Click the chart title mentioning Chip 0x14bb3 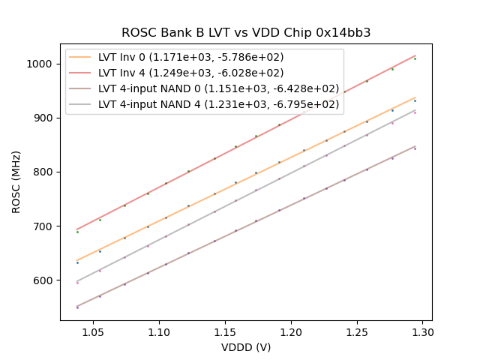pos(246,33)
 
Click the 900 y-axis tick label pos(45,118)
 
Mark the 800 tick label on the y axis pos(45,172)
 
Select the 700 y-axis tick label pos(45,226)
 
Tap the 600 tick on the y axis pos(45,280)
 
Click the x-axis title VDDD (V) pos(246,347)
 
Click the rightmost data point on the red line pos(415,58)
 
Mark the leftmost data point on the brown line pos(77,307)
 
